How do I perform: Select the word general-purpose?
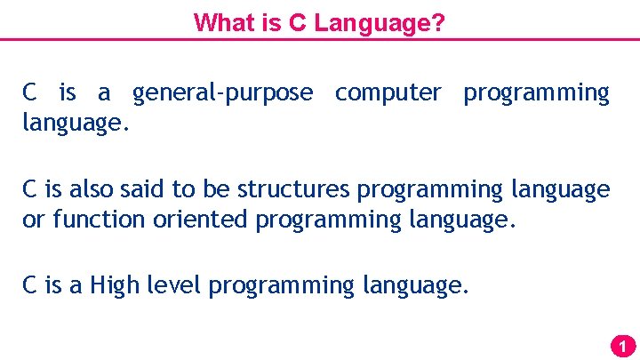pos(222,92)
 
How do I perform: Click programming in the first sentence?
pos(536,92)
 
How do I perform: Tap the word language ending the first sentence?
pos(76,123)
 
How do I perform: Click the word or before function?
pos(33,220)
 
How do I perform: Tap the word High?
pos(115,285)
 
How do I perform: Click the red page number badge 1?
pos(623,346)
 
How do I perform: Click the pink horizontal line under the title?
pos(320,39)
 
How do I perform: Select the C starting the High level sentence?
pos(29,285)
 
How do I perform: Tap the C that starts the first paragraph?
pos(29,92)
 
